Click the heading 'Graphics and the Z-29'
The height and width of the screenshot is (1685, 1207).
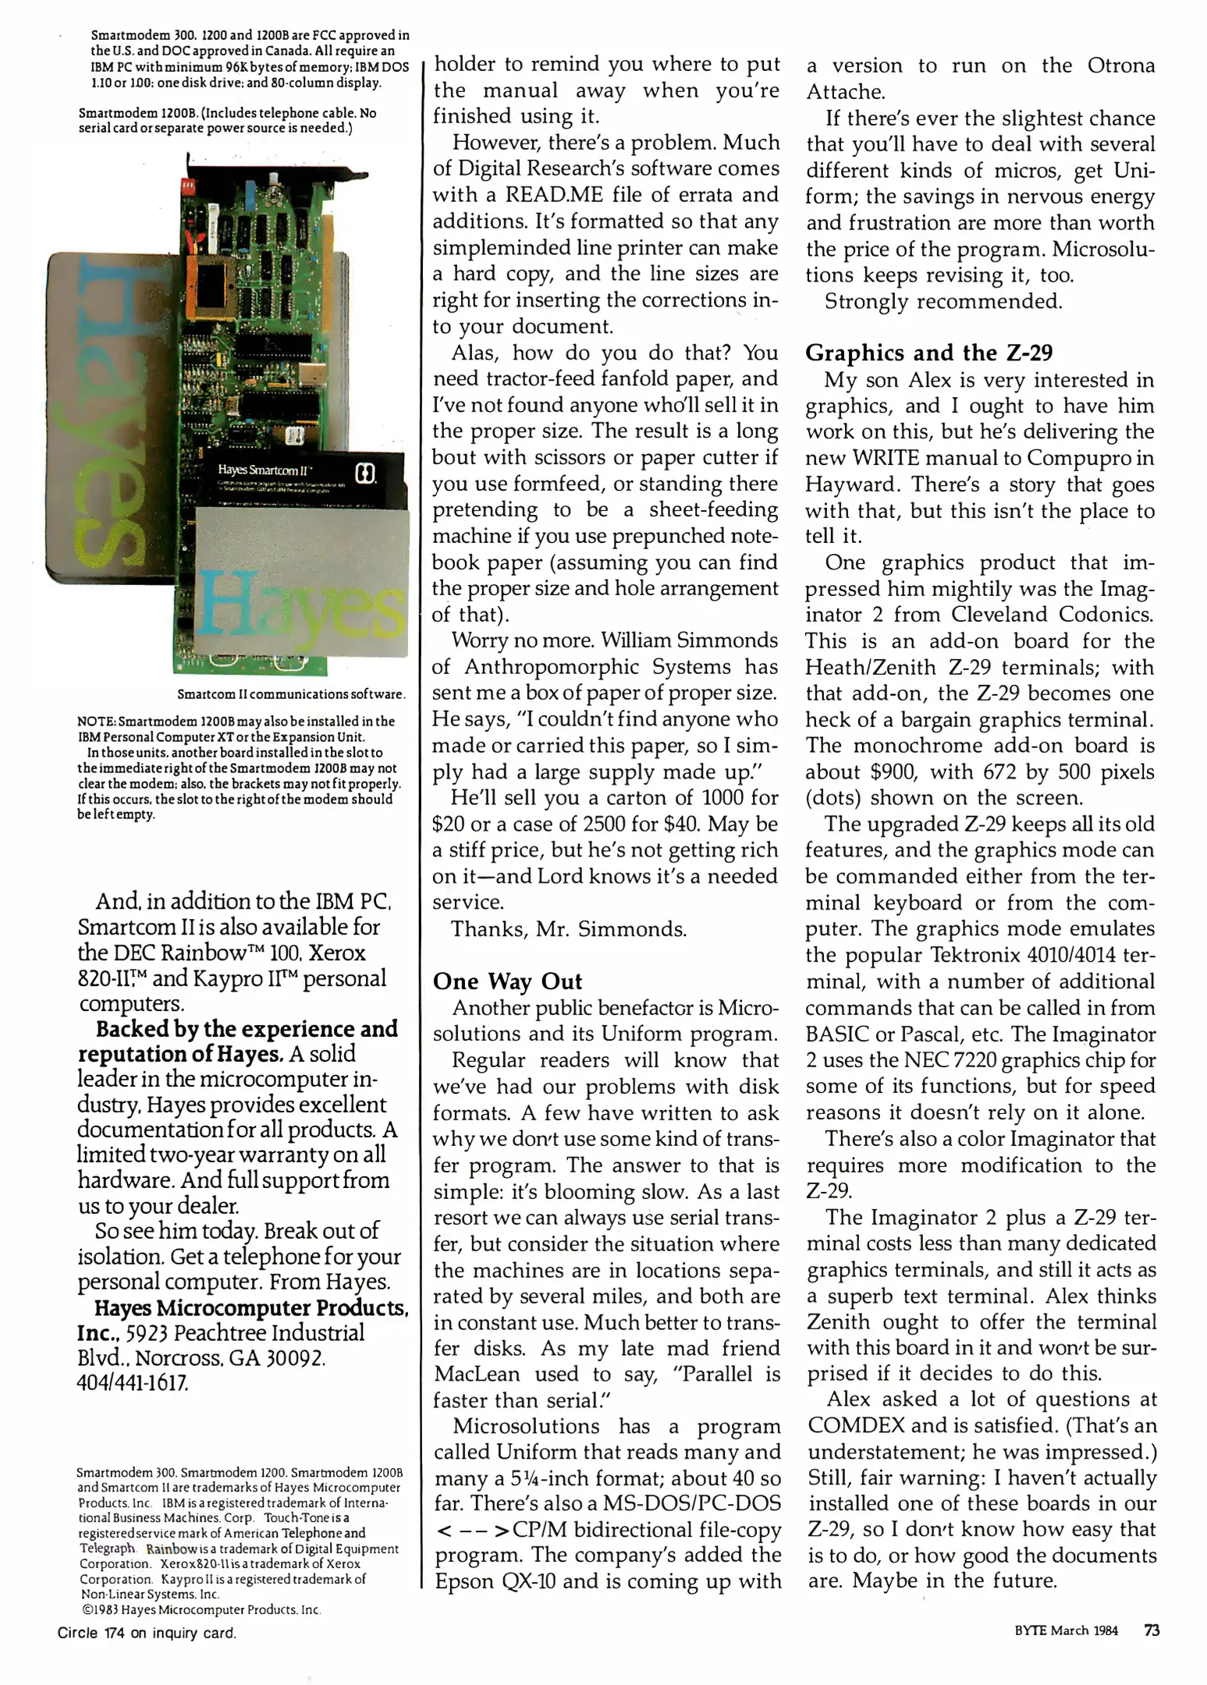click(x=928, y=353)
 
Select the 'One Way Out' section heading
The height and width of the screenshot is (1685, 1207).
click(x=507, y=981)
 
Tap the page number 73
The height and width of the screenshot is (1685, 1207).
click(x=1152, y=1630)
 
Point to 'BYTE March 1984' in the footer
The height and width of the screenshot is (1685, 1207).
click(x=1066, y=1631)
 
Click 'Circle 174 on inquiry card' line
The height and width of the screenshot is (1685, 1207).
click(x=147, y=1633)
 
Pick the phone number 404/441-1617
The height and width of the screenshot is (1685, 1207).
click(x=133, y=1383)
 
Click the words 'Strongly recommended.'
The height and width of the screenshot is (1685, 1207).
click(x=943, y=302)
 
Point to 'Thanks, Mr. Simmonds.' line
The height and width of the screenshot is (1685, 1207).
click(x=569, y=929)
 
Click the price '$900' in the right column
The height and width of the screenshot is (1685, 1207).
click(x=893, y=772)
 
